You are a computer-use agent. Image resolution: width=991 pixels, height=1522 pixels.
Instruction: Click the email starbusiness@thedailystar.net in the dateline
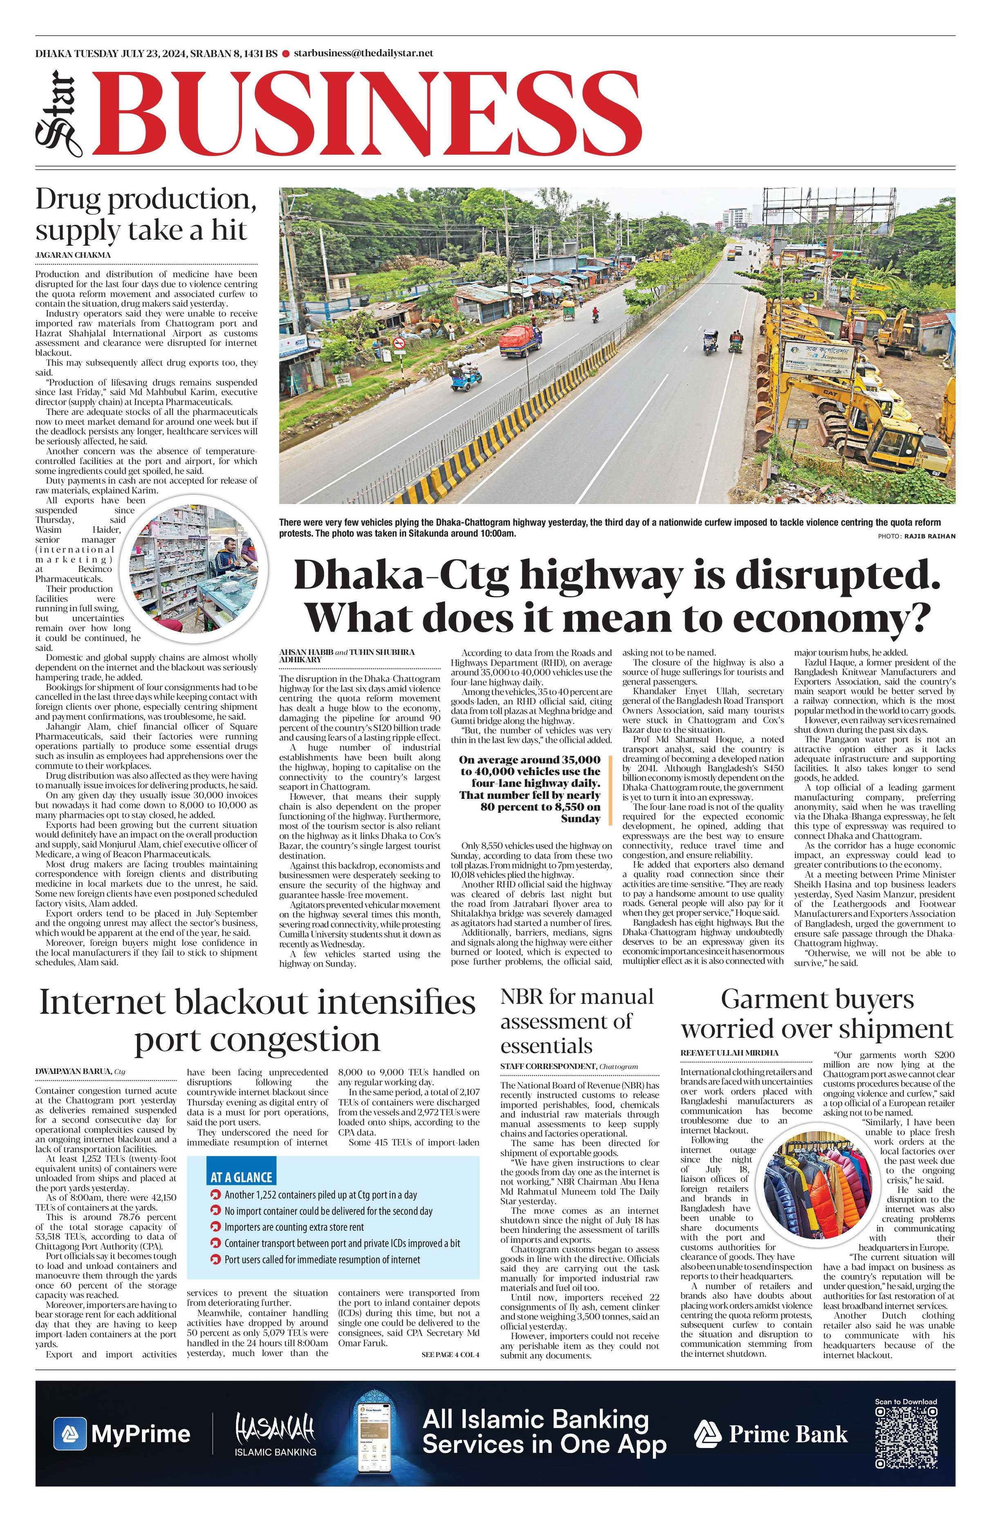tap(363, 53)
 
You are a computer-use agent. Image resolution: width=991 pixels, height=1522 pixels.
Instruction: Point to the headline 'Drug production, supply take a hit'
tap(146, 214)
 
